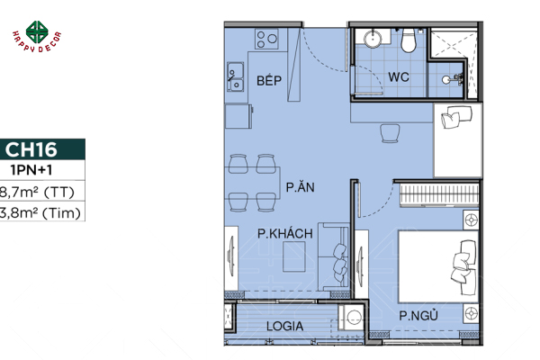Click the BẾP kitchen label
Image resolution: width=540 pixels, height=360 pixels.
pyautogui.click(x=269, y=81)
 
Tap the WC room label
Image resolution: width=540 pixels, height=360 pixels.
pyautogui.click(x=399, y=77)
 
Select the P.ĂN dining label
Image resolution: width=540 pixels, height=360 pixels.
pyautogui.click(x=299, y=188)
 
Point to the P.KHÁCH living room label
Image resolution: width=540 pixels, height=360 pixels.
pyautogui.click(x=284, y=234)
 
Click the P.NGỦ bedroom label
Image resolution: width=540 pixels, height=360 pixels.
pyautogui.click(x=418, y=315)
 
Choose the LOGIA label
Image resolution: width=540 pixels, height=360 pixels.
pyautogui.click(x=285, y=326)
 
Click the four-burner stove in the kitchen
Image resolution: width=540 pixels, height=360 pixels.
pyautogui.click(x=267, y=39)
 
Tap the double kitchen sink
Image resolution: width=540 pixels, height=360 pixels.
pyautogui.click(x=238, y=77)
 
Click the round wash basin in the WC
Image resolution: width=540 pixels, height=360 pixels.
pyautogui.click(x=373, y=40)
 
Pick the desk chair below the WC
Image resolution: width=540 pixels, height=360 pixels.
pyautogui.click(x=391, y=133)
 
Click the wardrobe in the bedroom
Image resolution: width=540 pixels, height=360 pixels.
pyautogui.click(x=435, y=193)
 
